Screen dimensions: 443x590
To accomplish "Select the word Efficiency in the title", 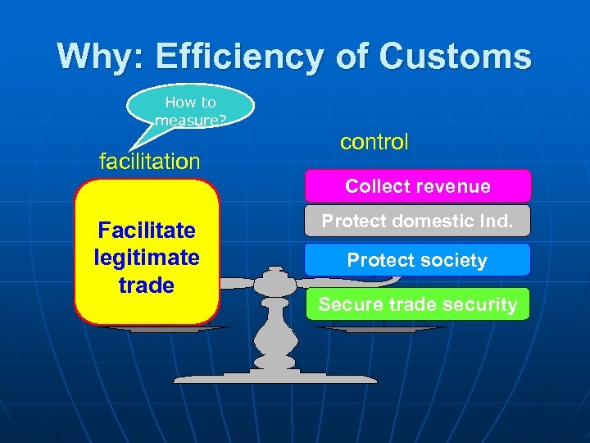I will pos(243,57).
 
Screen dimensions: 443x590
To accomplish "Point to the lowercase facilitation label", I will pos(149,161).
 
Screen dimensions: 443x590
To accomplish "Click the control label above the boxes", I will pos(374,141).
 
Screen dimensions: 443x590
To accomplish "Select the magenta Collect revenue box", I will pos(418,186).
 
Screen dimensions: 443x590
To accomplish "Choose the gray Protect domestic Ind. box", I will pos(418,221).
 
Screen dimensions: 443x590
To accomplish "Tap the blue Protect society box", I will pos(418,260).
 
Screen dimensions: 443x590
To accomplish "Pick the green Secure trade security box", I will pos(418,304).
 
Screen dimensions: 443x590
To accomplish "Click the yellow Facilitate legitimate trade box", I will pos(147,253).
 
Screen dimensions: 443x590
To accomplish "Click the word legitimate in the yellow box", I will pos(147,258).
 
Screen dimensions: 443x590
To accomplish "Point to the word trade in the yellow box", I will pos(147,285).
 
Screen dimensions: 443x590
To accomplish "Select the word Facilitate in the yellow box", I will pos(147,230).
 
